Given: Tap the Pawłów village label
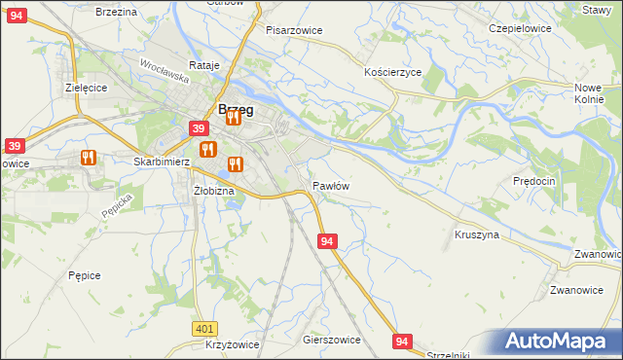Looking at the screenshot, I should (x=331, y=185).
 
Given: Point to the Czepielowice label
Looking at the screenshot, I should (x=520, y=28).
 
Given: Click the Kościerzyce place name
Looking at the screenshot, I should (x=392, y=73).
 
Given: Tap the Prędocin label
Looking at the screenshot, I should (x=533, y=181).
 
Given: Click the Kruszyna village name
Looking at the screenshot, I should (x=477, y=234).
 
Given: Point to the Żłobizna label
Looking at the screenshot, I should (x=213, y=191).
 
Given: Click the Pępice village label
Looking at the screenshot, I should (x=85, y=275).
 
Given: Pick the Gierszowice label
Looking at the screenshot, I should (x=332, y=341).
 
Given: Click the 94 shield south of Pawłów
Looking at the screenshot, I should (x=327, y=240).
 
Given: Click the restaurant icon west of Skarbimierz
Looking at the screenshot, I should (x=89, y=157).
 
